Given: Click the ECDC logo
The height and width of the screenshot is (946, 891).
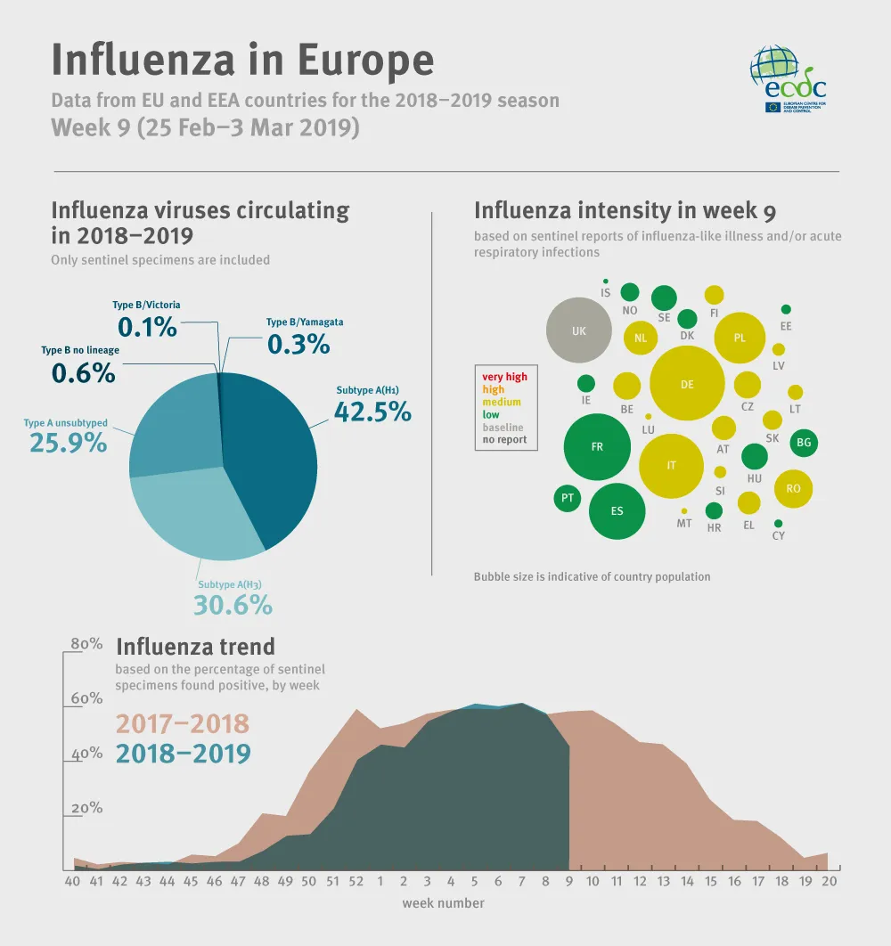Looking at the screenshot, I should click(x=788, y=79).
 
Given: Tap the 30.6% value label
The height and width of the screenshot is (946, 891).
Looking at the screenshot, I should click(x=233, y=605).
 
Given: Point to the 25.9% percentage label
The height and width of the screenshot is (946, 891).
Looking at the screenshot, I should click(x=69, y=442).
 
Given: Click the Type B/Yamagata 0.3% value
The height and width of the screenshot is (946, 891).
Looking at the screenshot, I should click(x=298, y=344).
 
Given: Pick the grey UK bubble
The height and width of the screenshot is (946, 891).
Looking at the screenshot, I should click(x=579, y=330).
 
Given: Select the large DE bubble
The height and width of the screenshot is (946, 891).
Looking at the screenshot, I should click(x=686, y=384).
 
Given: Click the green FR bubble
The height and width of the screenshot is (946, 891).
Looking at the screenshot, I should click(x=597, y=447).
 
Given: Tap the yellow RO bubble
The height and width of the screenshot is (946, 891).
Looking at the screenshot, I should click(x=793, y=488).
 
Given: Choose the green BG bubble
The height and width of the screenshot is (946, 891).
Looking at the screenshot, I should click(x=804, y=442).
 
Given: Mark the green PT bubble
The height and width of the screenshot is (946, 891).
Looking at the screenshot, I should click(x=567, y=498).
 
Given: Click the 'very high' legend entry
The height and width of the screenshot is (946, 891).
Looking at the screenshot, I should click(x=504, y=377).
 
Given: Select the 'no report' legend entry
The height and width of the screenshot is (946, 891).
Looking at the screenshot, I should click(x=504, y=439).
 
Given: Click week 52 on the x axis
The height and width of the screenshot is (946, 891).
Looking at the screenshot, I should click(x=356, y=881).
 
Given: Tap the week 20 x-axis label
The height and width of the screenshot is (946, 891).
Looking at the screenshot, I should click(x=829, y=881).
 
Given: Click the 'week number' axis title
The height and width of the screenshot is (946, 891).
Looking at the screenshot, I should click(x=443, y=903).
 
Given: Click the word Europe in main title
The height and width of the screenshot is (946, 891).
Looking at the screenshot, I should click(x=365, y=60).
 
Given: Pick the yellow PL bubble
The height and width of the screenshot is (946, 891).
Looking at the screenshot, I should click(x=740, y=338).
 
